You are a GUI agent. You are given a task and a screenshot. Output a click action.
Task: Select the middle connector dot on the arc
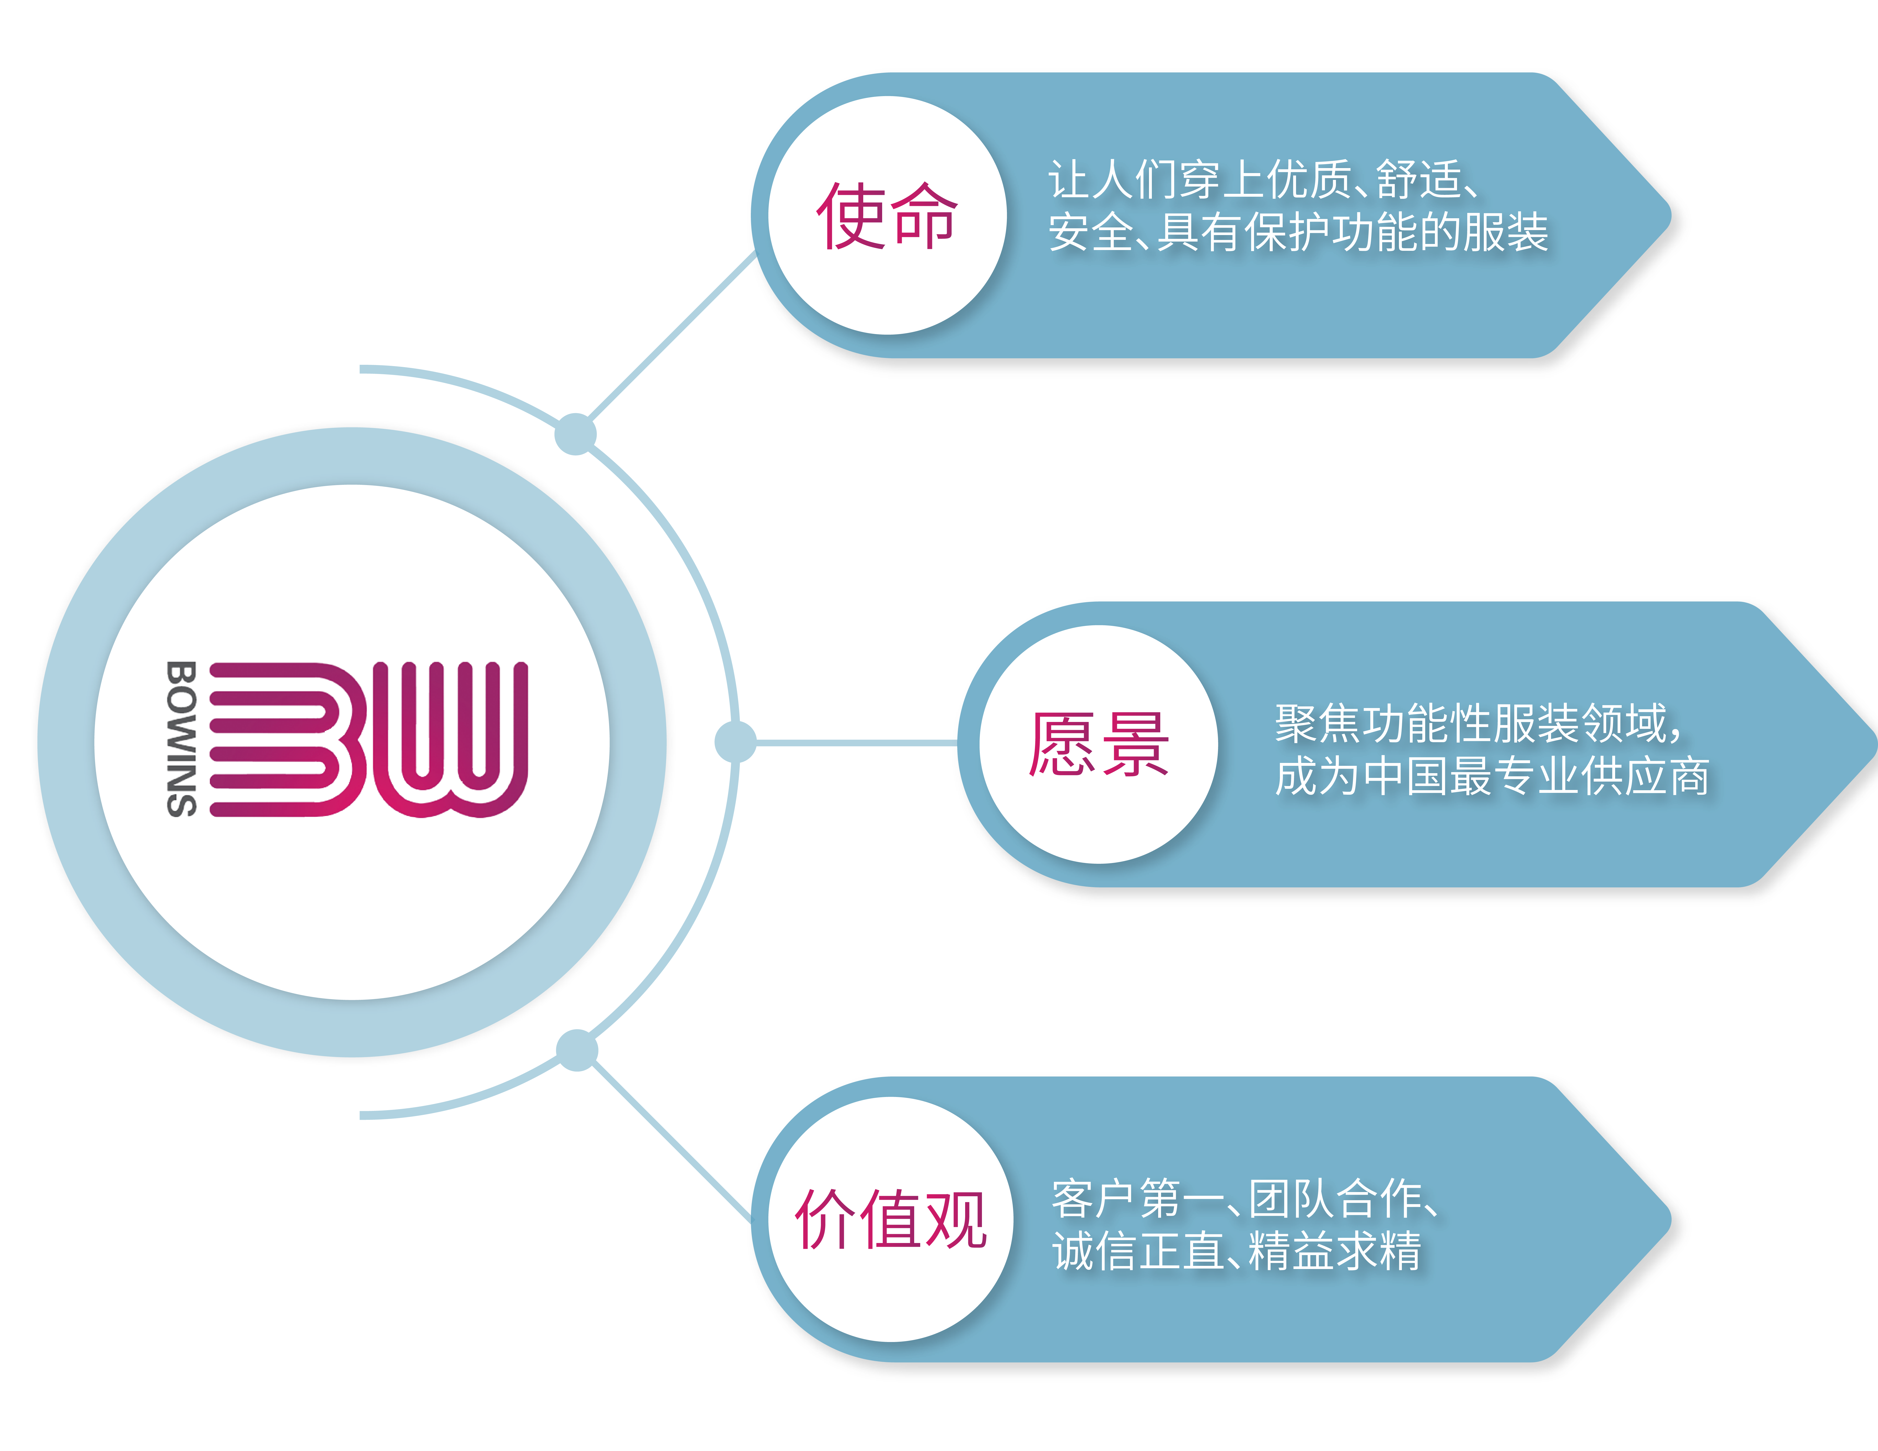click(735, 741)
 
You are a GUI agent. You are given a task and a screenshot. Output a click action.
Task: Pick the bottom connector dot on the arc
click(577, 1050)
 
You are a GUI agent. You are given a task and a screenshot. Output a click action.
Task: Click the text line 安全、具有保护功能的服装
click(1298, 232)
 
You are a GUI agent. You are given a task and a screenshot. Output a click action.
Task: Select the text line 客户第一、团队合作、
click(1247, 1198)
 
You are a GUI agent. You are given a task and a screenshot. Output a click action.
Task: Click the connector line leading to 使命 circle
click(671, 340)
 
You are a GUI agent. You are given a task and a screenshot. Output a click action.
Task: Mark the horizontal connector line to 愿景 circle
click(856, 741)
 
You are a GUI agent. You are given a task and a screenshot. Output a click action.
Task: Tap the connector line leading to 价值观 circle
click(671, 1140)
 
